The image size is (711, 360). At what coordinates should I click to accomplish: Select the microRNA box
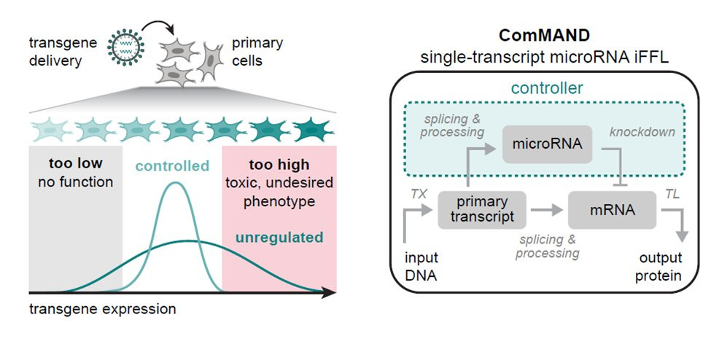pos(543,144)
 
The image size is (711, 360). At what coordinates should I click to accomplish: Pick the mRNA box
pos(613,210)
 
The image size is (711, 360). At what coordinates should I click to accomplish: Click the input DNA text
pos(421,266)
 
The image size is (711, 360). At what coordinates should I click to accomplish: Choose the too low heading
pos(76,164)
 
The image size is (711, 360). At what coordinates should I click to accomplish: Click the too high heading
pos(279,164)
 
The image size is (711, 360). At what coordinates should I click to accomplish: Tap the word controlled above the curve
pos(172,165)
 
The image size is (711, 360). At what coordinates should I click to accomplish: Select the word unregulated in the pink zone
pos(279,237)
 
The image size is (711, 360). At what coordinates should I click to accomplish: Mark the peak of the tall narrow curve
pos(174,183)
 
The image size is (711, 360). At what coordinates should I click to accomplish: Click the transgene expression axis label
pos(103,308)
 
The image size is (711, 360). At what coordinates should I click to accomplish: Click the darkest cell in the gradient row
pos(312,130)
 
